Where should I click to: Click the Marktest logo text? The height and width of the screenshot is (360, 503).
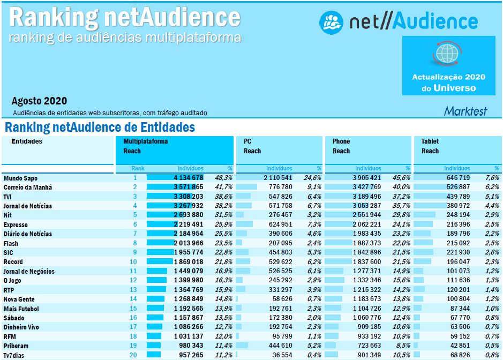466,111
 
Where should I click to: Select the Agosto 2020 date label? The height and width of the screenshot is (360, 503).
39,101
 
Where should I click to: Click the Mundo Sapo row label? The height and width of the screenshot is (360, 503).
20,178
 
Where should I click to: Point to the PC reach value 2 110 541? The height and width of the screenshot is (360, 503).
277,178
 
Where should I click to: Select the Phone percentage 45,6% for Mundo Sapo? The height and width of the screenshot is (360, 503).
401,178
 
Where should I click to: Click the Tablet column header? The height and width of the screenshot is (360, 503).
430,141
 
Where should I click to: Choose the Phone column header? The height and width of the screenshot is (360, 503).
341,141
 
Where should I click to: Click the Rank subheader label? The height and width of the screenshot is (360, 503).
138,168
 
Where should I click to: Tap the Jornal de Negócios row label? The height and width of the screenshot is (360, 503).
29,272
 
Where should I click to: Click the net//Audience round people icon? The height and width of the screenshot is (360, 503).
331,22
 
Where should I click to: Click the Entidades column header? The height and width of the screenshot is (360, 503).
27,141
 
